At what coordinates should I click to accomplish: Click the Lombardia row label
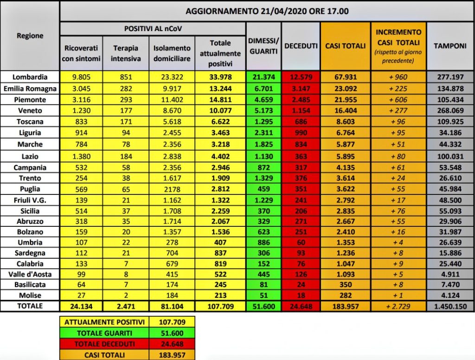pyautogui.click(x=30, y=77)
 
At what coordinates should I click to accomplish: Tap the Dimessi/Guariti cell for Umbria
pyautogui.click(x=263, y=242)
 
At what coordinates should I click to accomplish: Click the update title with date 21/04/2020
pyautogui.click(x=267, y=11)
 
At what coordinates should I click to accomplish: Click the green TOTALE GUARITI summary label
pyautogui.click(x=104, y=333)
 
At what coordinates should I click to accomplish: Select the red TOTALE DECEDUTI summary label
pyautogui.click(x=104, y=344)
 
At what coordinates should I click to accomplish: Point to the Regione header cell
pyautogui.click(x=30, y=36)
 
